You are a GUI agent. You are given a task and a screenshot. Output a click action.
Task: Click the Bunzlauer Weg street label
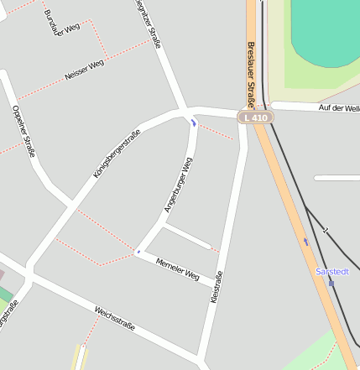[63, 18]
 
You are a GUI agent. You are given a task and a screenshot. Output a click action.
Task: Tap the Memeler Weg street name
[177, 268]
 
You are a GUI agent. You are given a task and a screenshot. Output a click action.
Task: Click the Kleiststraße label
[218, 286]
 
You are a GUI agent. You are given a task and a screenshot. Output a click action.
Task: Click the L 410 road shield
[255, 118]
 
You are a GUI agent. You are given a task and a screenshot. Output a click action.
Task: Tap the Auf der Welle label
[339, 108]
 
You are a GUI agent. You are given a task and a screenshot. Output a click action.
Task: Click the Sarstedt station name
[331, 272]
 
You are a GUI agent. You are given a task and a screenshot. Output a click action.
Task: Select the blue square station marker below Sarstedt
[331, 283]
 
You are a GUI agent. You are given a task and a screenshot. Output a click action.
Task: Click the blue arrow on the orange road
[305, 242]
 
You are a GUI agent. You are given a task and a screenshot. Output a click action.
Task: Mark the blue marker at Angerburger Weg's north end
[193, 123]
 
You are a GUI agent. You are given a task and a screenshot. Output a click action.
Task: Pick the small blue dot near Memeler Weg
[138, 251]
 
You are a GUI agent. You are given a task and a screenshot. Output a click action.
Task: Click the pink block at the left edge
[2, 274]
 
